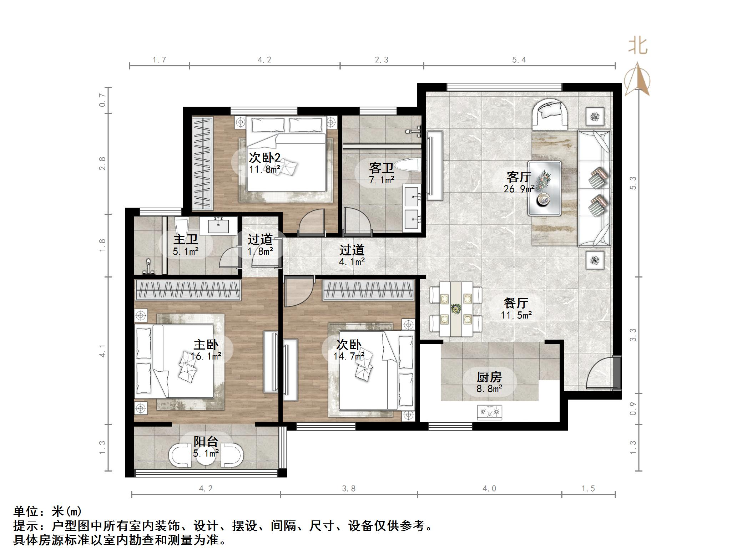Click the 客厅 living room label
519,177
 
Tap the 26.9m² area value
519,189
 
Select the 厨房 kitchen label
489,377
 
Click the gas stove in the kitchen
489,412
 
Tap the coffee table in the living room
544,188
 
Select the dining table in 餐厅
456,309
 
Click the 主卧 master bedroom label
206,344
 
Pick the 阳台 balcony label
206,442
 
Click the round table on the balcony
206,455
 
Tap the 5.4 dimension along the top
519,60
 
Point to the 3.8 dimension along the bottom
349,488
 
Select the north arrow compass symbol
637,79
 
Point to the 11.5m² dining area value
516,315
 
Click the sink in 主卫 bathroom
218,225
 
